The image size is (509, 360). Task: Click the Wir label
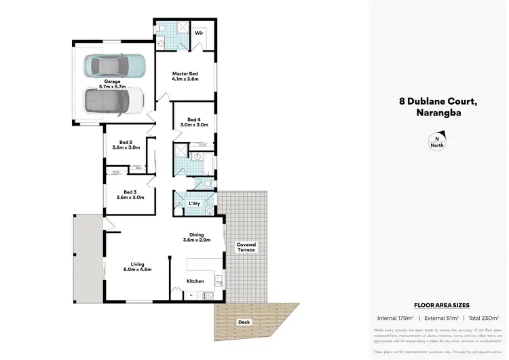[x=200, y=32]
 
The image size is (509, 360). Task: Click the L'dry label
[x=195, y=203]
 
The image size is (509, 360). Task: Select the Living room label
[x=137, y=266]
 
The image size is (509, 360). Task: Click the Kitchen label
[x=195, y=281]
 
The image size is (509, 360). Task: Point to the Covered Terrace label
[x=246, y=247]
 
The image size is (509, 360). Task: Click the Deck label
[x=243, y=322]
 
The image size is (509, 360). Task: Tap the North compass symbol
[x=436, y=141]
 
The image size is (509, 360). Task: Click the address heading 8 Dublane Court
[x=438, y=102]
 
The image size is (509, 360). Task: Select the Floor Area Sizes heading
[x=442, y=306]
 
